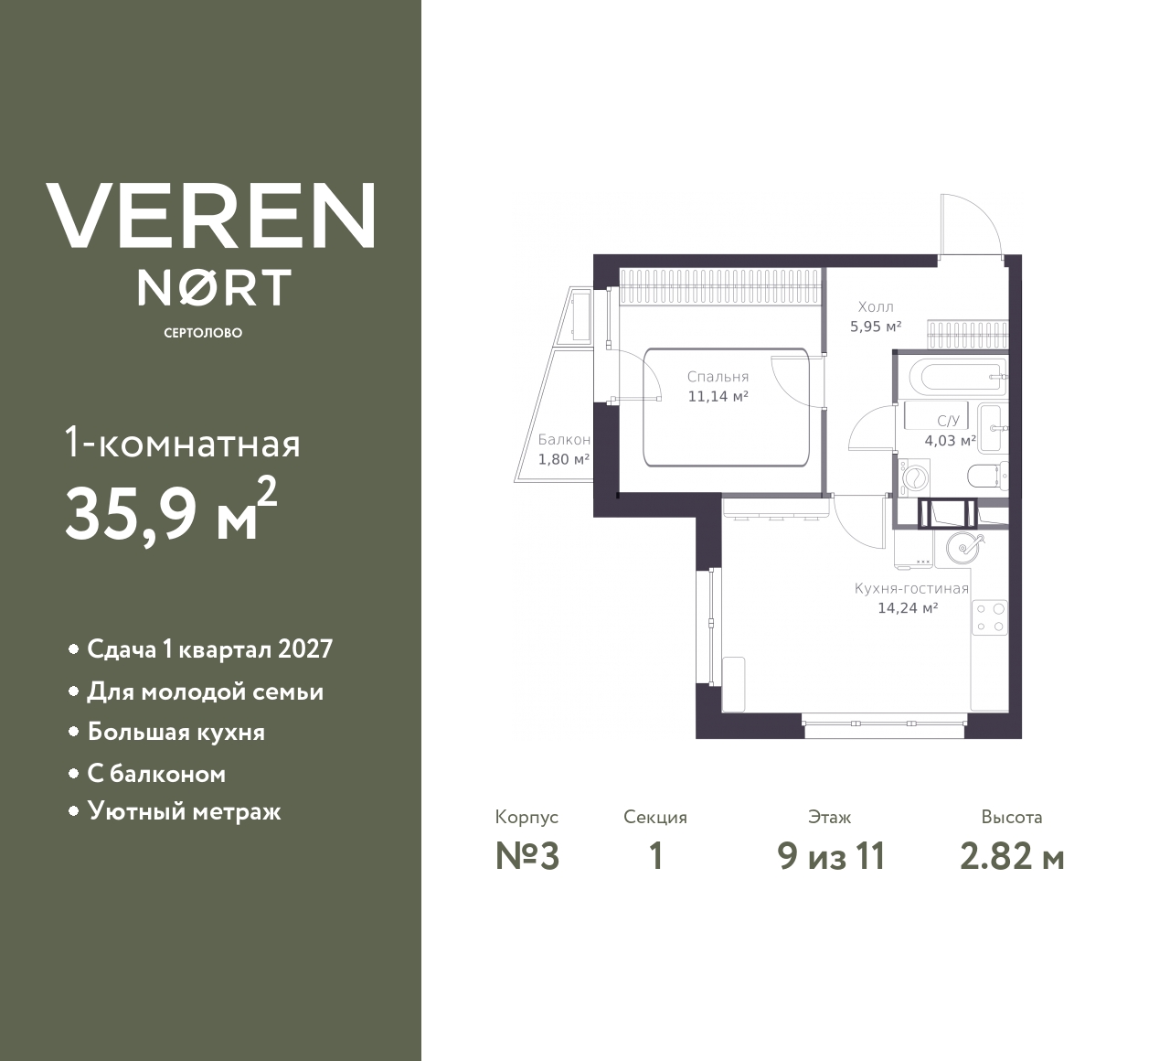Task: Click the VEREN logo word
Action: pyautogui.click(x=210, y=215)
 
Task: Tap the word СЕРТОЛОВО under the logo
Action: pyautogui.click(x=203, y=333)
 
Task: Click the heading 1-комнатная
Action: pyautogui.click(x=183, y=444)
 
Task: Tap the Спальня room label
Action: pyautogui.click(x=718, y=377)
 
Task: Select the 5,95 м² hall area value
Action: pyautogui.click(x=876, y=327)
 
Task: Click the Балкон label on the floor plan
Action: pyautogui.click(x=564, y=439)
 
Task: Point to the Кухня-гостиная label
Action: pyautogui.click(x=911, y=588)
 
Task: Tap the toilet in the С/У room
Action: pyautogui.click(x=988, y=475)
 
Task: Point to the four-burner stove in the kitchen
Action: pyautogui.click(x=990, y=618)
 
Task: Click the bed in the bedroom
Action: pyautogui.click(x=726, y=407)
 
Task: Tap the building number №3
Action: pyautogui.click(x=527, y=857)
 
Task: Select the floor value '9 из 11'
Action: pyautogui.click(x=831, y=857)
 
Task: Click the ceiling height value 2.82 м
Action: pyautogui.click(x=1012, y=857)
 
